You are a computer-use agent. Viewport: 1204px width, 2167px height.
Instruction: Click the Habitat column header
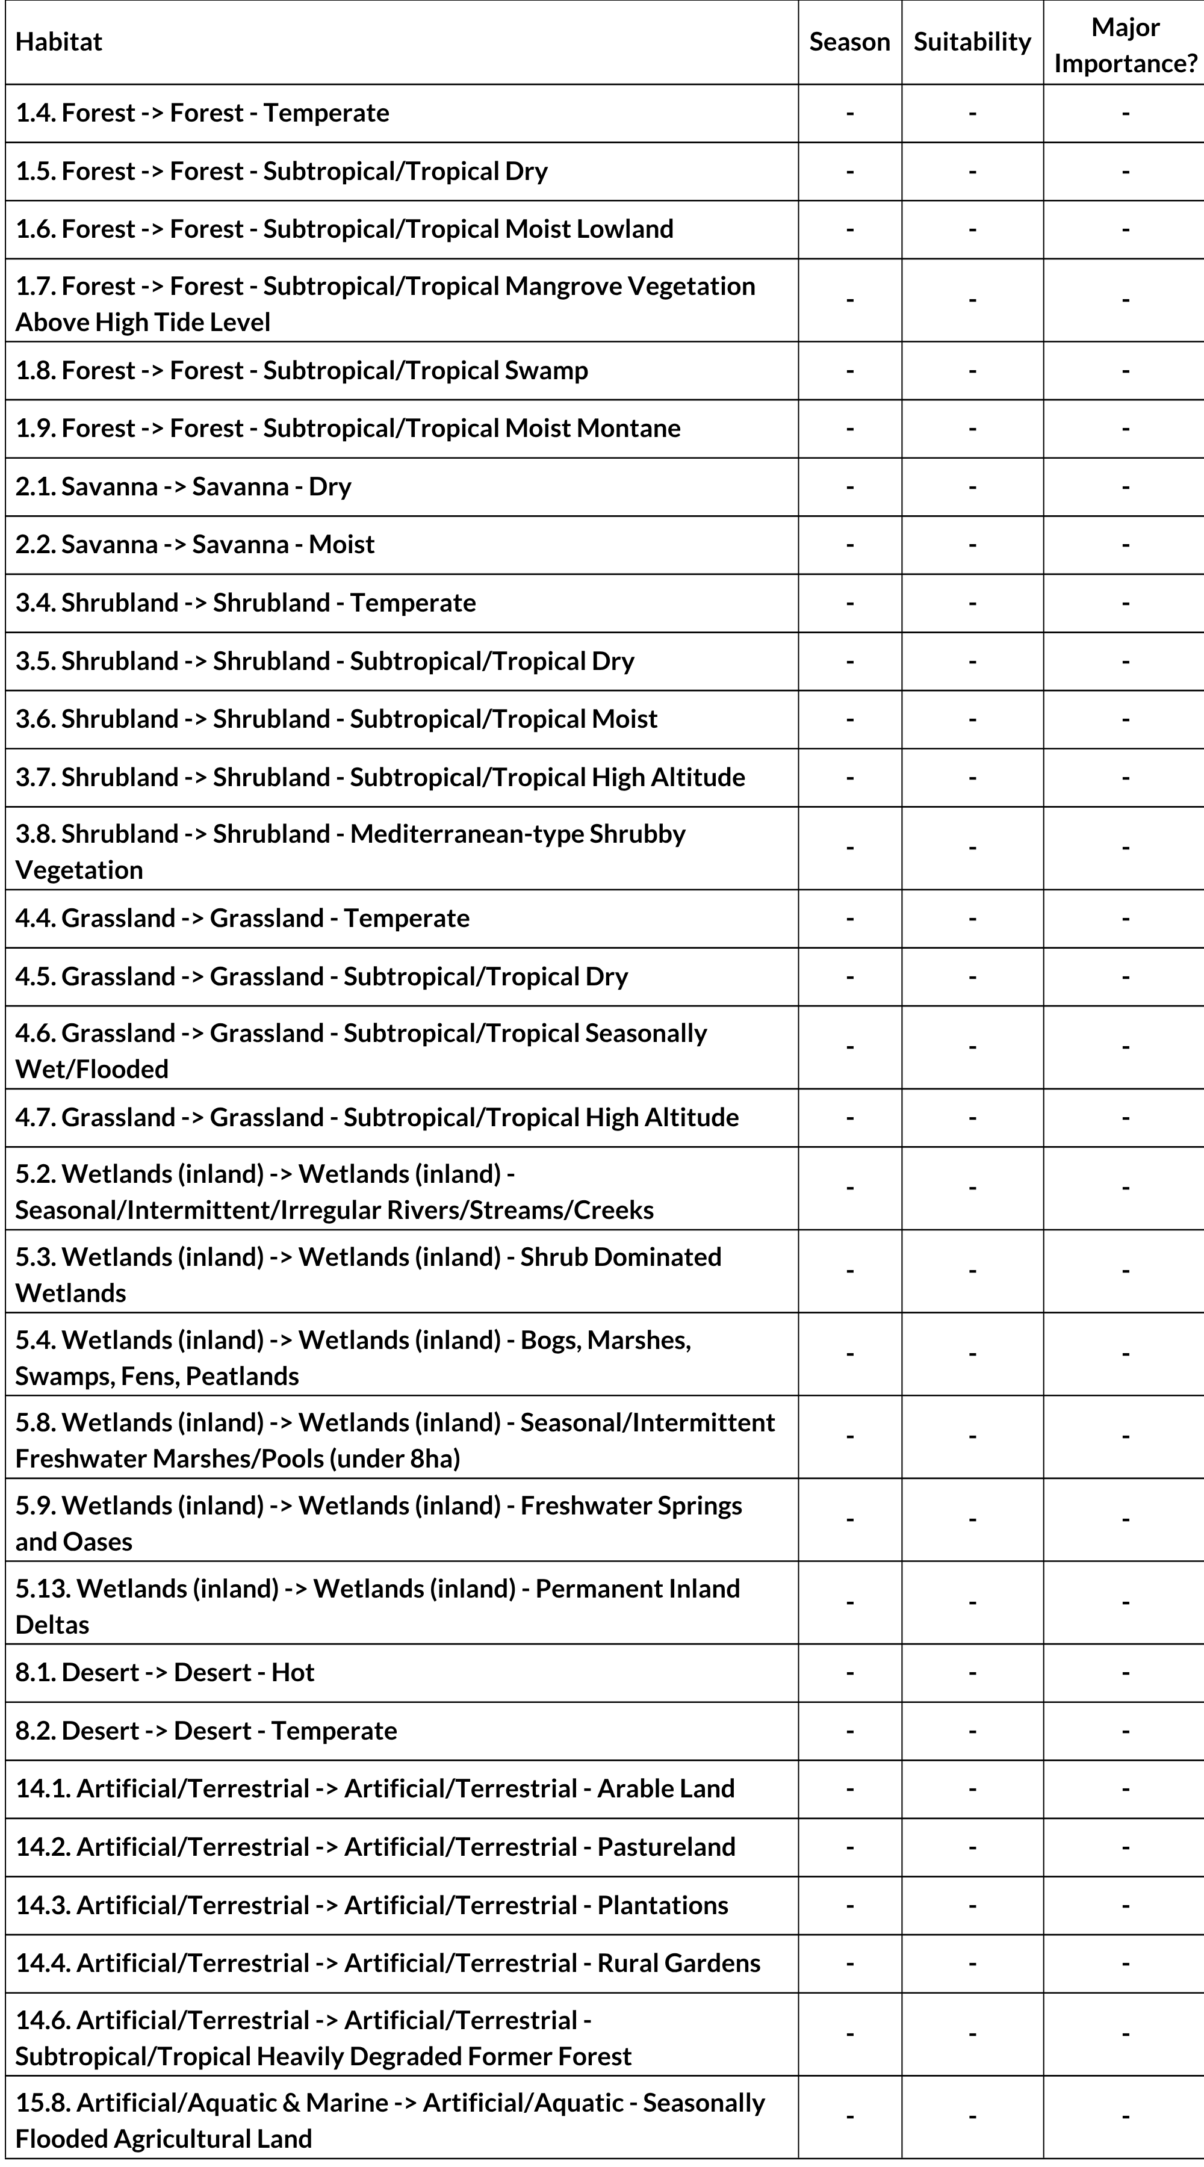pyautogui.click(x=59, y=42)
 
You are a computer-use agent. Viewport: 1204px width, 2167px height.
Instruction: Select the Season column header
pyautogui.click(x=849, y=42)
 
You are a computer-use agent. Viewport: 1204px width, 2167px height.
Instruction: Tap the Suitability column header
pyautogui.click(x=972, y=42)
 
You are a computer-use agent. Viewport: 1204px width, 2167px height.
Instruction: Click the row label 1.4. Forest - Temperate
pyautogui.click(x=202, y=113)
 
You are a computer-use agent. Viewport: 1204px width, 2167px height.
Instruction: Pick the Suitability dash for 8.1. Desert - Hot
pyautogui.click(x=972, y=1672)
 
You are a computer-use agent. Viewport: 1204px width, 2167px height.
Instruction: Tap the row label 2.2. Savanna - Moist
pyautogui.click(x=195, y=544)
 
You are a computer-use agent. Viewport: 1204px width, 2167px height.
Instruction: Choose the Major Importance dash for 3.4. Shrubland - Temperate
pyautogui.click(x=1125, y=603)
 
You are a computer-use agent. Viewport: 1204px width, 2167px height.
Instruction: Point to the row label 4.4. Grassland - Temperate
pyautogui.click(x=243, y=918)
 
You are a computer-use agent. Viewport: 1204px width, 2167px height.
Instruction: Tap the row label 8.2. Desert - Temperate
pyautogui.click(x=206, y=1729)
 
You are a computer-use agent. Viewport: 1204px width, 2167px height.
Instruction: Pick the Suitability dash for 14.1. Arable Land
pyautogui.click(x=972, y=1788)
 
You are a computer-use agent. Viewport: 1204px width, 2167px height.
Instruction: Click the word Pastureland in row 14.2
pyautogui.click(x=666, y=1846)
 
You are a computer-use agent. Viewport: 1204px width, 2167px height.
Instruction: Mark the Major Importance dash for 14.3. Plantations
pyautogui.click(x=1125, y=1905)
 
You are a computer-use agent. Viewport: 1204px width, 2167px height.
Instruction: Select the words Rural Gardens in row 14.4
pyautogui.click(x=678, y=1962)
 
